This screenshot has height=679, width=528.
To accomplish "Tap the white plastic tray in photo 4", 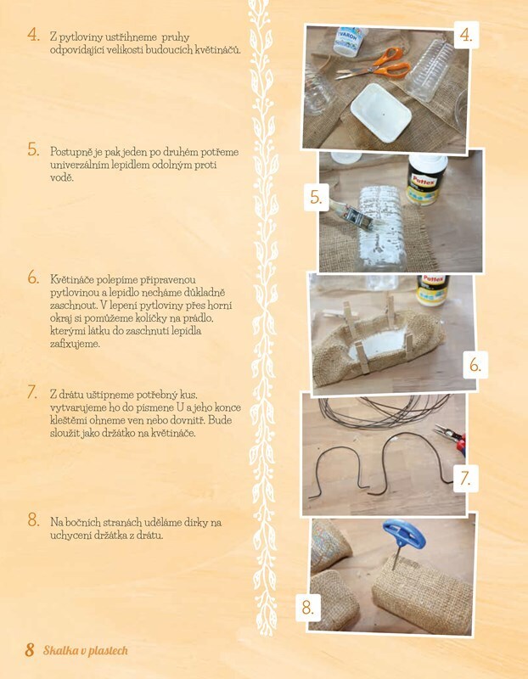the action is click(x=381, y=112).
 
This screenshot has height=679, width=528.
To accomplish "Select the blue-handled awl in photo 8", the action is click(x=403, y=540).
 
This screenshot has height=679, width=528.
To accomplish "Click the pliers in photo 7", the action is click(x=451, y=438).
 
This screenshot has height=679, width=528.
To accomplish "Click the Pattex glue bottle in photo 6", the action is click(x=433, y=289).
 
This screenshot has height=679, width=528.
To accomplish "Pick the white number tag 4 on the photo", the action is click(x=467, y=35).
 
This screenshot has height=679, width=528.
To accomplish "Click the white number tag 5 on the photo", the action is click(x=317, y=198).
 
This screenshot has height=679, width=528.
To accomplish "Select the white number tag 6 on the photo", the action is click(x=475, y=365).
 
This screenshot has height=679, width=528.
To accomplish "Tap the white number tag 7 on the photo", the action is click(x=466, y=478).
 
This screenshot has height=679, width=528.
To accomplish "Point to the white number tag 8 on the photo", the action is click(x=308, y=607).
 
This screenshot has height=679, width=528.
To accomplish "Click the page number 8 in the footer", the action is click(x=30, y=650).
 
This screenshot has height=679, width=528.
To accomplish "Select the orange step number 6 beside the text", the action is click(x=33, y=278).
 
